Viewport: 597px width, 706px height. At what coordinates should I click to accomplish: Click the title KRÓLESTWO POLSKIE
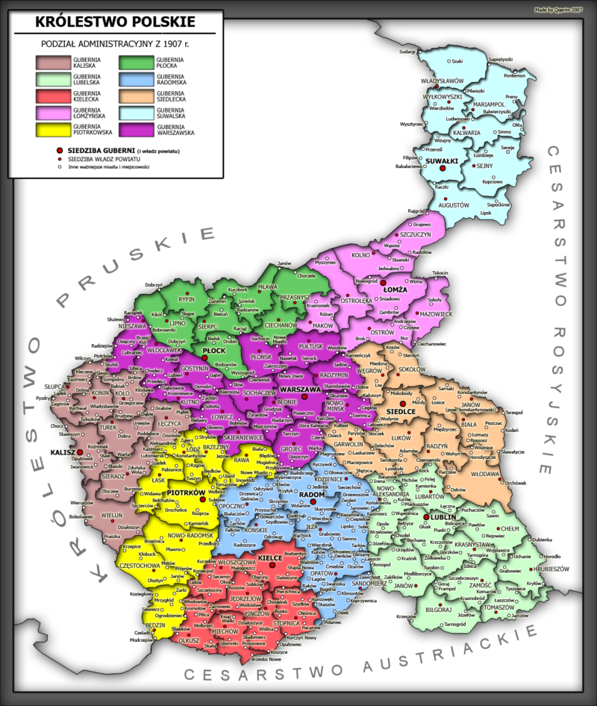(x=116, y=22)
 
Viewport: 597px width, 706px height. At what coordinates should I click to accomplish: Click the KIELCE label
(x=270, y=557)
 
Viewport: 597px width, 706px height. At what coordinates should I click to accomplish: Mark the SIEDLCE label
(x=401, y=411)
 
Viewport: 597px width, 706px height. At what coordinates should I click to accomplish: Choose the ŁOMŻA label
(x=396, y=286)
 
